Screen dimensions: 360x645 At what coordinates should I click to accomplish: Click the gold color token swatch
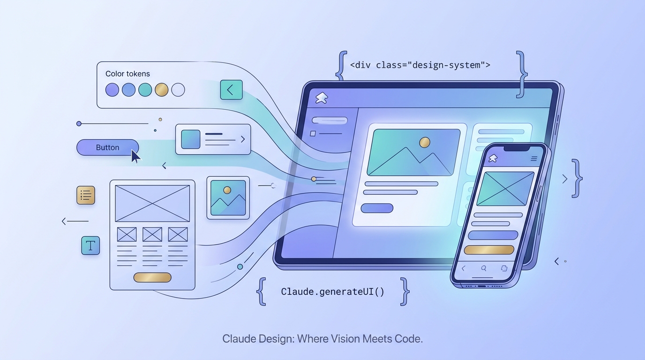pyautogui.click(x=161, y=90)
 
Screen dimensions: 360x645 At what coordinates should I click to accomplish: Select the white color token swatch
pyautogui.click(x=178, y=90)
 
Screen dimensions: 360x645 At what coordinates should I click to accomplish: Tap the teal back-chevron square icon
pyautogui.click(x=231, y=90)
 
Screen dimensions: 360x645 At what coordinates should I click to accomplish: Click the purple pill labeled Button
pyautogui.click(x=107, y=147)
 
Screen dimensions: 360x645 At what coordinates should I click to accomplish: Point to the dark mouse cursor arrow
pyautogui.click(x=135, y=156)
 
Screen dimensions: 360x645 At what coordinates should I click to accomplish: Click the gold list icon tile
pyautogui.click(x=86, y=195)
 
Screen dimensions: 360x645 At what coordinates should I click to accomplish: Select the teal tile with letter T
pyautogui.click(x=90, y=245)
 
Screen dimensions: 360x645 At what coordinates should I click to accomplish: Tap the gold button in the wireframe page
pyautogui.click(x=152, y=277)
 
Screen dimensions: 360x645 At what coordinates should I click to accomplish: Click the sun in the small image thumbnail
pyautogui.click(x=227, y=190)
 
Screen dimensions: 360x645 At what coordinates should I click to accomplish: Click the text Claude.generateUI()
pyautogui.click(x=332, y=292)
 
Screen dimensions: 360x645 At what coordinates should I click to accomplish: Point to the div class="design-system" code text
pyautogui.click(x=420, y=65)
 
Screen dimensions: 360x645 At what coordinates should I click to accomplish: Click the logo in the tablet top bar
pyautogui.click(x=322, y=97)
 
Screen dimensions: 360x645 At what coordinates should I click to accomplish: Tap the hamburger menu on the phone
pyautogui.click(x=533, y=159)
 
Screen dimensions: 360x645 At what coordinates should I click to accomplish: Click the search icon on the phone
pyautogui.click(x=484, y=269)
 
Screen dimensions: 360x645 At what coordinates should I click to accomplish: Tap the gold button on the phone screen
pyautogui.click(x=489, y=250)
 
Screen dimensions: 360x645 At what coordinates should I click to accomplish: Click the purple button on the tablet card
pyautogui.click(x=377, y=208)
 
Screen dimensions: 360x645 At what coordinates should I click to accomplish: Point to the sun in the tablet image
pyautogui.click(x=425, y=142)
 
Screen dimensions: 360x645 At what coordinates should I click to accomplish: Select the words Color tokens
pyautogui.click(x=127, y=74)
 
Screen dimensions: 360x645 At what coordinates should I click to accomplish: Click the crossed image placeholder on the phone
pyautogui.click(x=505, y=188)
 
